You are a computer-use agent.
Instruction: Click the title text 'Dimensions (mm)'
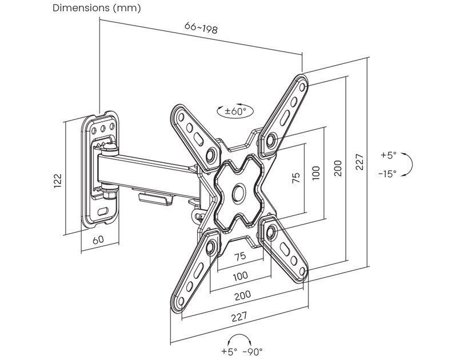pos(97,9)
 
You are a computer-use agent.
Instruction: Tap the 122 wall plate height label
pos(58,181)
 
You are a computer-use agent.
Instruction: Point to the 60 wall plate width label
pos(98,239)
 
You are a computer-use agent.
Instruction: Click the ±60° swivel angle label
pos(235,111)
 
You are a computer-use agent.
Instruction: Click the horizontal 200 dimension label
pos(242,295)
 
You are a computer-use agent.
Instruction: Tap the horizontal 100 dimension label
pos(241,275)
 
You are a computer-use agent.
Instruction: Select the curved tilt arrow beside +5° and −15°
pos(410,165)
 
